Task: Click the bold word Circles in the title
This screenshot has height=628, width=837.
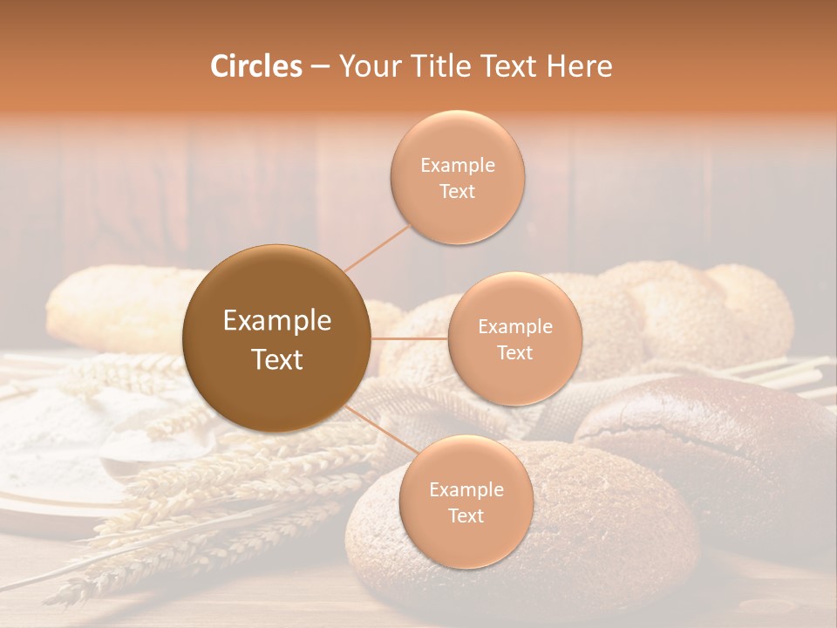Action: point(255,66)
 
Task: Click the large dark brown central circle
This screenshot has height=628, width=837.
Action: point(276,338)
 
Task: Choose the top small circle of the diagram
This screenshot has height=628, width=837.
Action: point(457,177)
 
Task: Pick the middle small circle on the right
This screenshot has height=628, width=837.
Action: point(514,338)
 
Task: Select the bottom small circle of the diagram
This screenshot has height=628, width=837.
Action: point(466,502)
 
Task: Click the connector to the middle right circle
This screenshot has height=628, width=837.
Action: point(409,338)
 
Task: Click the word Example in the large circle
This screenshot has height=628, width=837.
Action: point(276,321)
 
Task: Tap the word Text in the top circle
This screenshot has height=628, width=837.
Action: point(457,192)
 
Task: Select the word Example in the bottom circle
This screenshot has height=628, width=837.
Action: point(466,489)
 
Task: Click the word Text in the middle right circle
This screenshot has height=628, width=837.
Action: point(514,353)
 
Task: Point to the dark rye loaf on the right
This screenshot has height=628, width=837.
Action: point(715,436)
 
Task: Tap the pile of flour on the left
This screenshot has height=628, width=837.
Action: point(52,427)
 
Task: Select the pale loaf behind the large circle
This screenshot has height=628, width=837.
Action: point(113,305)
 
